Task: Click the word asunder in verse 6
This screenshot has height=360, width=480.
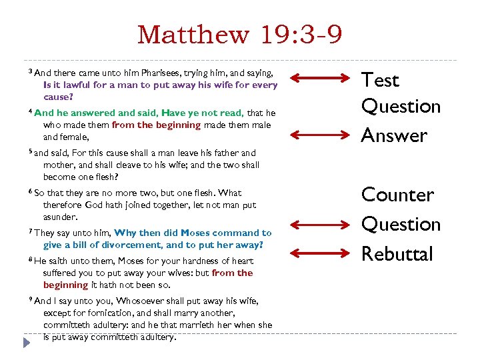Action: [61, 217]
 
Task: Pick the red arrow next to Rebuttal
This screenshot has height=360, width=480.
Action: [317, 251]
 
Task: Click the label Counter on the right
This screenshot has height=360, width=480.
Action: [397, 195]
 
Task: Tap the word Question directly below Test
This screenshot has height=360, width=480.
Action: [401, 106]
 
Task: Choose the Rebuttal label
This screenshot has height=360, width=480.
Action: [397, 254]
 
